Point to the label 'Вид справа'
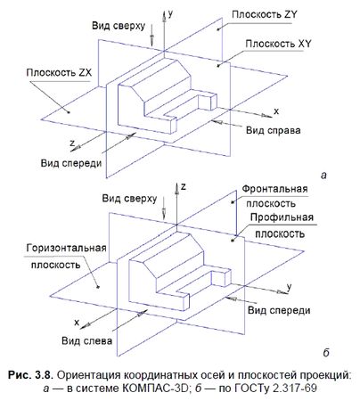[x=274, y=130]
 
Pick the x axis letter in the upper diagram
[x=276, y=111]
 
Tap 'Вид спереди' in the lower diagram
[x=279, y=309]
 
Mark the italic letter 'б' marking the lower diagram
[x=323, y=351]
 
